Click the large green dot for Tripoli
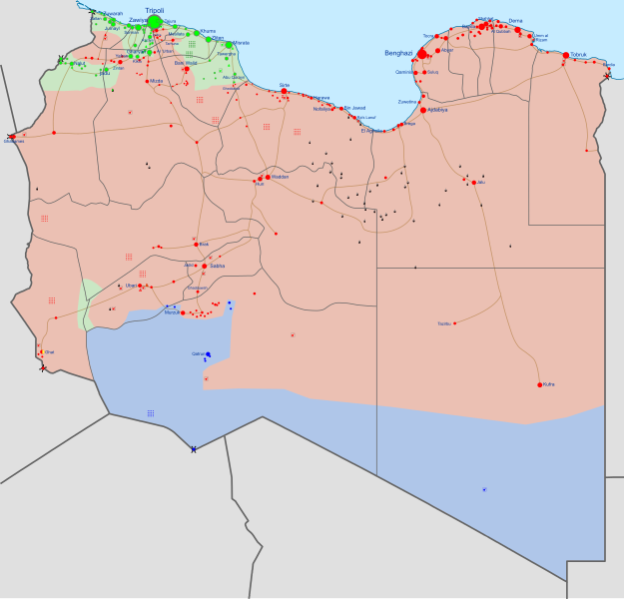point(155,21)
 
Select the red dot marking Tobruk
point(566,55)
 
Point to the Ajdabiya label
point(436,110)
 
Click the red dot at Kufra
point(540,384)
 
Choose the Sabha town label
point(218,266)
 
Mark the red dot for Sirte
point(285,91)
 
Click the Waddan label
point(280,177)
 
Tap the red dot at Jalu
point(474,182)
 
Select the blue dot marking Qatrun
point(209,353)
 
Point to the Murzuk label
point(171,312)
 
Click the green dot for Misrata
point(229,44)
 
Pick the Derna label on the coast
point(515,20)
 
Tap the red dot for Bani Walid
point(186,69)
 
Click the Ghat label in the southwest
point(50,351)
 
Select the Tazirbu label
point(444,323)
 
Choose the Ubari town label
point(131,286)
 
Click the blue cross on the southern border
point(193,449)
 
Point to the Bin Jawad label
point(355,108)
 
